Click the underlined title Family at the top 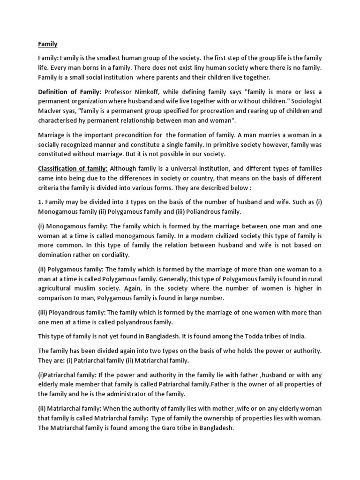point(47,44)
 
